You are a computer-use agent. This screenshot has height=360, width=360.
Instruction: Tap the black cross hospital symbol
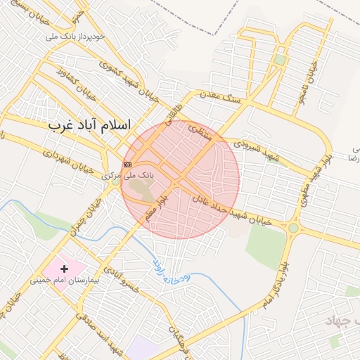(65, 269)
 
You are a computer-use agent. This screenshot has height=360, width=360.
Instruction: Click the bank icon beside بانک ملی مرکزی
(127, 165)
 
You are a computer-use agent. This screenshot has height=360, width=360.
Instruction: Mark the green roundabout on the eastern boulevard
(292, 228)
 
